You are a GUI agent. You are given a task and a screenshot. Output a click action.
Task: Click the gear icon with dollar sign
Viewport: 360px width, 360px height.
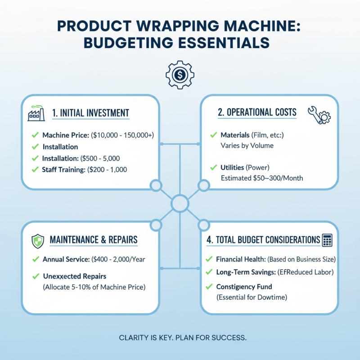pos(180,76)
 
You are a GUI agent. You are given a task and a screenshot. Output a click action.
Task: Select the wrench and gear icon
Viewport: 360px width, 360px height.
pos(319,115)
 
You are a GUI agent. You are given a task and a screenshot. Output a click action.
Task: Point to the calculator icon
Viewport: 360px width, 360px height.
pos(327,240)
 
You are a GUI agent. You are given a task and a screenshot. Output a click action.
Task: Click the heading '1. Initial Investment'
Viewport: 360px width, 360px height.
pos(90,113)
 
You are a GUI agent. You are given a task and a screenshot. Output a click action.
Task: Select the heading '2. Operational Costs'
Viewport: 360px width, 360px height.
pos(257,112)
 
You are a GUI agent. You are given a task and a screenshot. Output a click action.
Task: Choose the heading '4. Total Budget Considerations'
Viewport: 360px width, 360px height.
pos(263,240)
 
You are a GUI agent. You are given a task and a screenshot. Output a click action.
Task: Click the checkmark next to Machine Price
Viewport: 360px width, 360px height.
pos(35,135)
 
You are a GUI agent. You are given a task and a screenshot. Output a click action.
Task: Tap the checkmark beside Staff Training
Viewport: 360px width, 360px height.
pos(35,170)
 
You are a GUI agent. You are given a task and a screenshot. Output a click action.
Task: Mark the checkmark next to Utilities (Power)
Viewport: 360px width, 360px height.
pos(214,167)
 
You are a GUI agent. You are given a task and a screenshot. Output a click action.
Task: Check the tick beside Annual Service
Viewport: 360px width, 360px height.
pos(35,259)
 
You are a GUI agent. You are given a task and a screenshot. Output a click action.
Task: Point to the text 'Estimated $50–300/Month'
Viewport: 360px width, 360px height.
pos(262,178)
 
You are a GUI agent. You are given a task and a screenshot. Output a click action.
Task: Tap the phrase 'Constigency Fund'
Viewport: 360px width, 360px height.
pos(244,286)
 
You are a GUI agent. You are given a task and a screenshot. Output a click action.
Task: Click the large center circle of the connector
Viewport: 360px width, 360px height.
pos(180,202)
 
